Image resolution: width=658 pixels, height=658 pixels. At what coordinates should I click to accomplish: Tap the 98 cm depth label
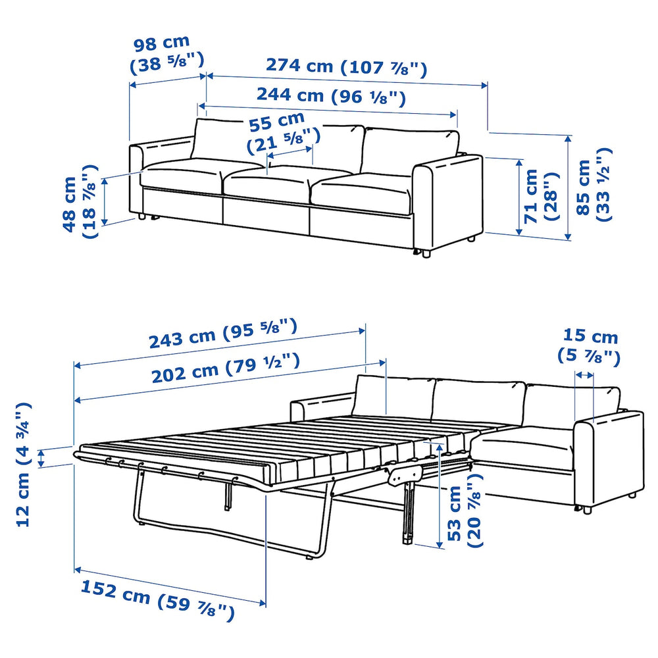click(167, 54)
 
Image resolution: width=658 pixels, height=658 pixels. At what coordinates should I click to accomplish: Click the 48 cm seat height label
click(80, 201)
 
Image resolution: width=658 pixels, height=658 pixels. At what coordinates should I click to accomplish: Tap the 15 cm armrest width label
click(588, 346)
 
